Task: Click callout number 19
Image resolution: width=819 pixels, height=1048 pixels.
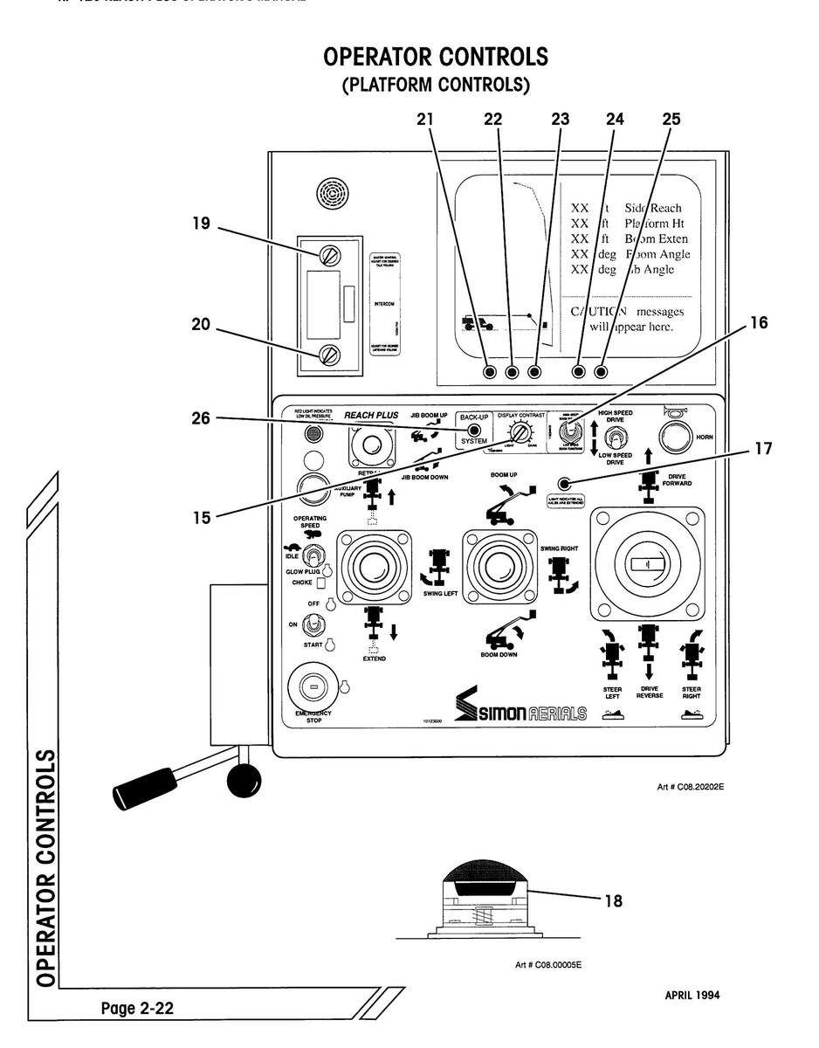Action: click(202, 223)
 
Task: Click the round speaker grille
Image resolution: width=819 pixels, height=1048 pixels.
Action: click(333, 191)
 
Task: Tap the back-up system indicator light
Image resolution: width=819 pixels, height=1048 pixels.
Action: click(475, 430)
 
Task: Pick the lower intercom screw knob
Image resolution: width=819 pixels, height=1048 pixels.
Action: click(329, 355)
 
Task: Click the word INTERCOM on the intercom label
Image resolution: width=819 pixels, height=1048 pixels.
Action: click(384, 305)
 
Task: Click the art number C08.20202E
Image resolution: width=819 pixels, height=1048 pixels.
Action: click(689, 787)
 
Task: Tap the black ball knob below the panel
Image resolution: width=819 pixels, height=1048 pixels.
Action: click(244, 780)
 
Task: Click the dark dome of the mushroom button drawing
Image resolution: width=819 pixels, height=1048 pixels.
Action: click(487, 871)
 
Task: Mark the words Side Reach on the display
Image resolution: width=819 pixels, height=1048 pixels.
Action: click(652, 209)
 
